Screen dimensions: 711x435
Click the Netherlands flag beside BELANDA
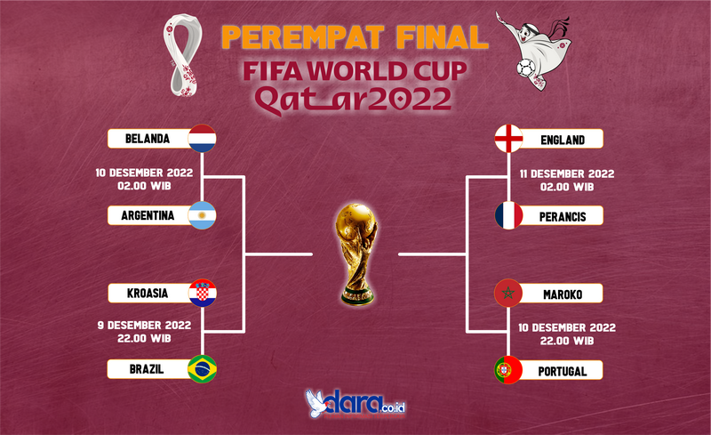[x=203, y=138]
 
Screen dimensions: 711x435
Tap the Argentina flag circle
[x=203, y=215]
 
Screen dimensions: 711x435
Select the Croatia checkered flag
[x=203, y=293]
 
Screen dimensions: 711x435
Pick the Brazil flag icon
[x=203, y=368]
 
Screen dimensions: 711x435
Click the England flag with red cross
[x=508, y=138]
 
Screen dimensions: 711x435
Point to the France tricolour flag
[x=508, y=215]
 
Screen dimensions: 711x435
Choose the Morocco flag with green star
[x=508, y=293]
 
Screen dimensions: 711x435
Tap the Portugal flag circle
[x=508, y=370]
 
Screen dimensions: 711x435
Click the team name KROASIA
[x=148, y=294]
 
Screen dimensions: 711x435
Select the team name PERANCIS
[x=563, y=217]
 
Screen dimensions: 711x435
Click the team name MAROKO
[x=563, y=294]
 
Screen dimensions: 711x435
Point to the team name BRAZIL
[x=147, y=369]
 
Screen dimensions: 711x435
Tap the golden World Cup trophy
[x=357, y=254]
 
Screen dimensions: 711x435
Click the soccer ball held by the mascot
[x=526, y=68]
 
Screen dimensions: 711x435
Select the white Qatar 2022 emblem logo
[x=183, y=55]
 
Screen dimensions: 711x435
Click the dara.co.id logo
[x=355, y=403]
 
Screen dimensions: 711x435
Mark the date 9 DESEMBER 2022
[x=144, y=325]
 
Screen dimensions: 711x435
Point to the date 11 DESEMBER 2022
[x=567, y=173]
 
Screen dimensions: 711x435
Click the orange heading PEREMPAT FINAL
[x=355, y=37]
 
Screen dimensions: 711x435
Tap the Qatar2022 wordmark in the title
[x=354, y=99]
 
